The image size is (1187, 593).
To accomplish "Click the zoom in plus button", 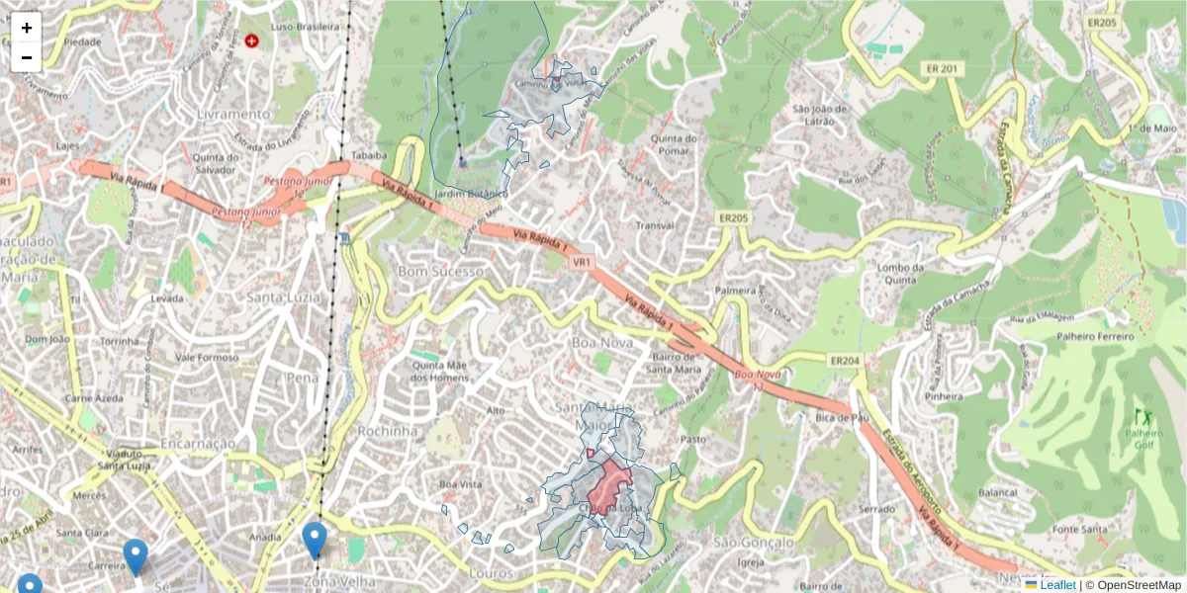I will (x=27, y=28).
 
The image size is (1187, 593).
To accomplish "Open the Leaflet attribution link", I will (x=1057, y=585).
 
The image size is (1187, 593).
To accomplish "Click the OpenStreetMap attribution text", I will (x=1139, y=585).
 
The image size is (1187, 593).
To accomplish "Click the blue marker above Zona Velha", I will (x=315, y=541).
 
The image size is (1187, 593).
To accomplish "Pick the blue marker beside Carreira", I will (x=136, y=556).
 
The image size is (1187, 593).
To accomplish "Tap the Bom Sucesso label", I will (x=441, y=271).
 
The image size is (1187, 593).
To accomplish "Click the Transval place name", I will (x=655, y=225).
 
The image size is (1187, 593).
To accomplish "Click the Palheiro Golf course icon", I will (x=1145, y=417).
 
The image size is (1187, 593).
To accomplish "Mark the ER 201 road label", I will (x=944, y=68).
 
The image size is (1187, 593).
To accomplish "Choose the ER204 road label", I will (x=845, y=361).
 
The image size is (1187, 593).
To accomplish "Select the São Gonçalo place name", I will (x=754, y=543).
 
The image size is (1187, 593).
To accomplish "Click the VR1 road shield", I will (x=581, y=263).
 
